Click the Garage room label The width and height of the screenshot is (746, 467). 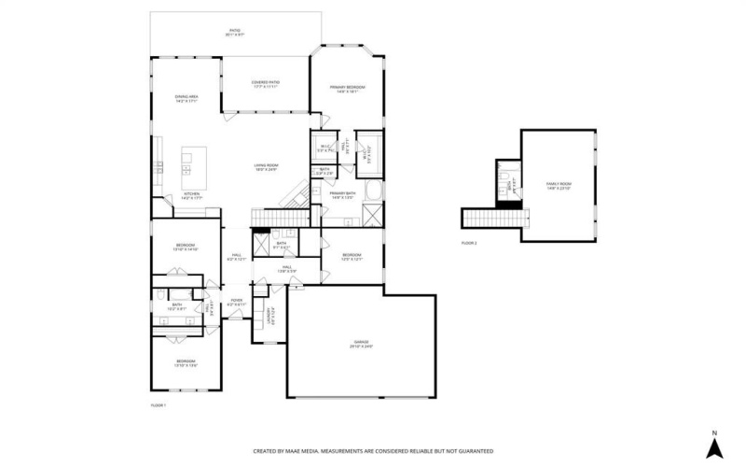[x=361, y=343]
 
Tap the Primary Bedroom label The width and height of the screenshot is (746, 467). [x=347, y=90]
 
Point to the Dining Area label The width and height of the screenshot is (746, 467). [x=186, y=98]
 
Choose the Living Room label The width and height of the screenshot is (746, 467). [x=267, y=168]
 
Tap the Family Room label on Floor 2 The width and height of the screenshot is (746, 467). [x=559, y=186]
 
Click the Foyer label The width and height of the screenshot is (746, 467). [x=237, y=302]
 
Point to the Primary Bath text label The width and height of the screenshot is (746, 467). [x=342, y=195]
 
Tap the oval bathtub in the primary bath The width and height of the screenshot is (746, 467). [x=372, y=192]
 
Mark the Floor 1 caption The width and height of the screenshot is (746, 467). [x=158, y=404]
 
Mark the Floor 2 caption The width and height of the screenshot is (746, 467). [x=469, y=242]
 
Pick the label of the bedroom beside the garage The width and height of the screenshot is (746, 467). [x=351, y=256]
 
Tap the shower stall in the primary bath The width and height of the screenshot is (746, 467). [x=372, y=217]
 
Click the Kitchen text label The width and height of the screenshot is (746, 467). [x=191, y=197]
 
